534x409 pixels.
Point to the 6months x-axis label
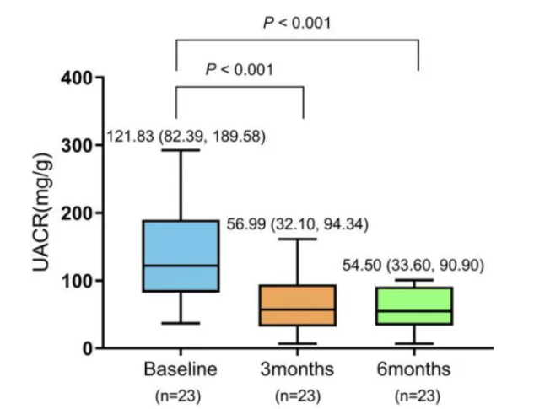point(414,369)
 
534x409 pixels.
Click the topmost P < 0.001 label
point(297,23)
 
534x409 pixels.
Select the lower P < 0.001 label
point(239,69)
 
